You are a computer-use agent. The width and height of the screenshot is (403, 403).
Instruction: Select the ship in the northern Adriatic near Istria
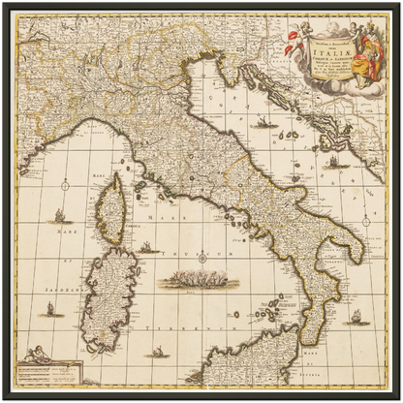coord(263,124)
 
